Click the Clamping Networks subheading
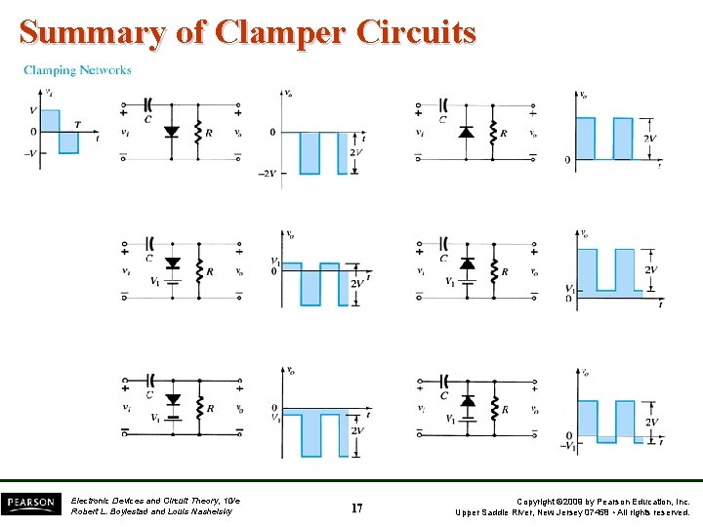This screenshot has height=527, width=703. (x=77, y=70)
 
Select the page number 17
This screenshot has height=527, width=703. (x=357, y=508)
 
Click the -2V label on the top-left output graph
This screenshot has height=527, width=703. (x=266, y=173)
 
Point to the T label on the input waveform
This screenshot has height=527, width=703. (x=77, y=124)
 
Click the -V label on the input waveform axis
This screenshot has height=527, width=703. (x=32, y=153)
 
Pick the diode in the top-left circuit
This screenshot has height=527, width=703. (x=173, y=131)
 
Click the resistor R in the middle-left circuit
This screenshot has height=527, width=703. (x=199, y=270)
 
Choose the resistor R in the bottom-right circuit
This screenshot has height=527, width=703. (x=495, y=409)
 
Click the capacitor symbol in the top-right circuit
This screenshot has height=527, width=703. (x=443, y=103)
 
